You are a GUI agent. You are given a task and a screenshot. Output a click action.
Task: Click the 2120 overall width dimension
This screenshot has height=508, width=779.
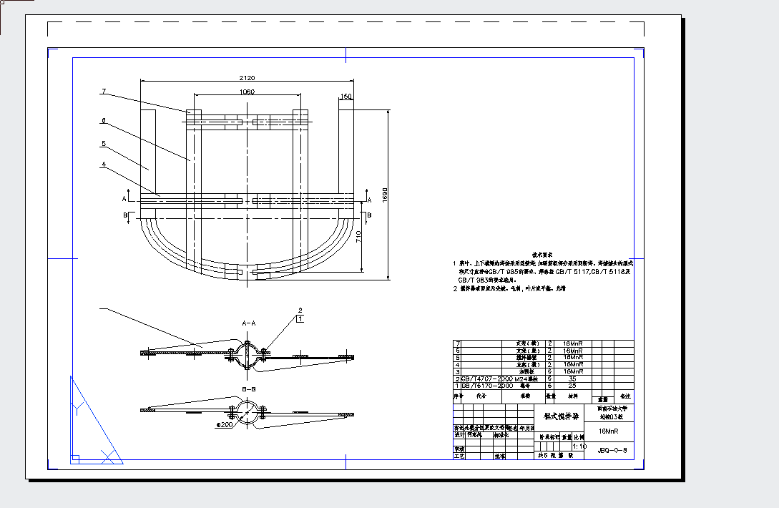click(x=247, y=77)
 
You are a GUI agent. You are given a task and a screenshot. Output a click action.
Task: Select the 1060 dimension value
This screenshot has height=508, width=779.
click(x=247, y=92)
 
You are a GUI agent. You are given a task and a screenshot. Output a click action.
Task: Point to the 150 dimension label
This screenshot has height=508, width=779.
click(x=346, y=96)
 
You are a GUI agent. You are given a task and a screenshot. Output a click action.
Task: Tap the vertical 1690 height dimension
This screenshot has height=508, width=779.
click(x=385, y=195)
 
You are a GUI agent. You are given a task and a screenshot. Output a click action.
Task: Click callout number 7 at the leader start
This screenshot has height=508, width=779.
click(x=104, y=91)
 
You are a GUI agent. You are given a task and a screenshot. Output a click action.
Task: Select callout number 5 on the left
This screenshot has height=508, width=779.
click(x=104, y=144)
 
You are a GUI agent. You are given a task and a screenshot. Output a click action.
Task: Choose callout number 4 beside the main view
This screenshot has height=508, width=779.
click(x=104, y=165)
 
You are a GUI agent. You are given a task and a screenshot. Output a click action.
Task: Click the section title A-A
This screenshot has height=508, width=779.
click(x=248, y=323)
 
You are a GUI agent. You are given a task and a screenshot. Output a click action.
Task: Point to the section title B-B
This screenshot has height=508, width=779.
click(x=248, y=389)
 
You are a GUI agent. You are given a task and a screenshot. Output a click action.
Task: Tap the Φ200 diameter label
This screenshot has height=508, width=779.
click(x=225, y=424)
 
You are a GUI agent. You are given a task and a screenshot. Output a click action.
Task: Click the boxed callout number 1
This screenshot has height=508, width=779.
click(x=300, y=318)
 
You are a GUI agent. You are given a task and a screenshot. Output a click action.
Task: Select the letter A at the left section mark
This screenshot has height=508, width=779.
click(x=124, y=199)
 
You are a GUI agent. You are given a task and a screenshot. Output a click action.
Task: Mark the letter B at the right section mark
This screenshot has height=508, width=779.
click(x=369, y=214)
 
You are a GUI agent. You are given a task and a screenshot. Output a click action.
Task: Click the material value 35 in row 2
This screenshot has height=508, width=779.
click(x=572, y=378)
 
